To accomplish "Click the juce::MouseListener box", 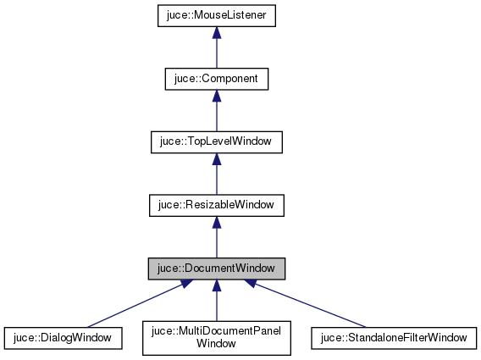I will pyautogui.click(x=216, y=15).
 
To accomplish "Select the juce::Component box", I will pyautogui.click(x=216, y=79).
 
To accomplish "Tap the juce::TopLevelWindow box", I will pyautogui.click(x=216, y=141).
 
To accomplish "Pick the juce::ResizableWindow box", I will pyautogui.click(x=216, y=204).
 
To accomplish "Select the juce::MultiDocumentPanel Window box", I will pyautogui.click(x=216, y=337).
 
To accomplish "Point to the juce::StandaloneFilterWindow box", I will pyautogui.click(x=394, y=337).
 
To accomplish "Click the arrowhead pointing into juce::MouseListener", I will pyautogui.click(x=216, y=33).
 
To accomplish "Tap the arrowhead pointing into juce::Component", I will pyautogui.click(x=216, y=96).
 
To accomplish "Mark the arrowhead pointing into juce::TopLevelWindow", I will pyautogui.click(x=216, y=158).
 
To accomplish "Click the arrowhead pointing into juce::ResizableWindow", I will pyautogui.click(x=216, y=222).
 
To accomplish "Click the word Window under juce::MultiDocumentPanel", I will pyautogui.click(x=216, y=344).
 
